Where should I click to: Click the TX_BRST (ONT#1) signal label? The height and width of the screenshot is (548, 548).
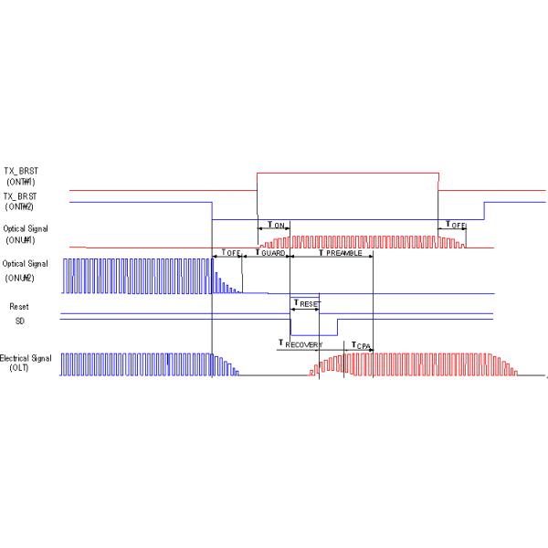click(x=27, y=175)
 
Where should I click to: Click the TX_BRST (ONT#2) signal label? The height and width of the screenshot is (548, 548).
click(x=27, y=201)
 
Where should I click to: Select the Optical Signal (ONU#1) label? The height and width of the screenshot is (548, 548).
click(x=26, y=234)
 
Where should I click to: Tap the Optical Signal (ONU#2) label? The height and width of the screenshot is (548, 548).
click(x=26, y=269)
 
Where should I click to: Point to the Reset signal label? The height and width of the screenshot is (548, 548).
click(x=19, y=307)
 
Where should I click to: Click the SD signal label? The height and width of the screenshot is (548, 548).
click(x=19, y=321)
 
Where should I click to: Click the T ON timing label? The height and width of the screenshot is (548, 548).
click(x=273, y=225)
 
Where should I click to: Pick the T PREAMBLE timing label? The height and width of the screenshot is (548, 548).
click(x=332, y=253)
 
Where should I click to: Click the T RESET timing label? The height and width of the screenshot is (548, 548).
click(x=306, y=301)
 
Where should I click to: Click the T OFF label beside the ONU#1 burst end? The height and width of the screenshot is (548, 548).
click(x=454, y=225)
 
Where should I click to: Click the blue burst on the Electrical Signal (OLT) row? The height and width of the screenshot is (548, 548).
click(x=137, y=364)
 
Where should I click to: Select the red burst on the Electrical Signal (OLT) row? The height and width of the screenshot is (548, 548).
click(x=411, y=364)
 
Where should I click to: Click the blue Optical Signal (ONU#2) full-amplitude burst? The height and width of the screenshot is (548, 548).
click(x=137, y=275)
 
